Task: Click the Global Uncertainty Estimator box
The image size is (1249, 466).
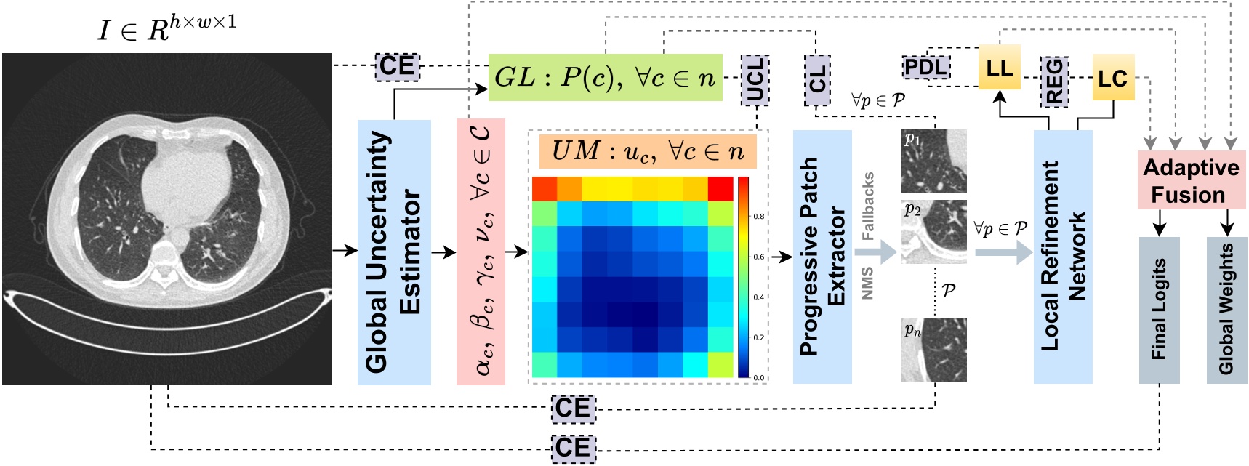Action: pos(393,252)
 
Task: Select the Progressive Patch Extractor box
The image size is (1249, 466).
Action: pos(822,256)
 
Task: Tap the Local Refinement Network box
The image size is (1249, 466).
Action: pos(1062,256)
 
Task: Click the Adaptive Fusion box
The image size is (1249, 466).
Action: pos(1190,180)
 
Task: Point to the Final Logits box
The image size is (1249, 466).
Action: pos(1159,310)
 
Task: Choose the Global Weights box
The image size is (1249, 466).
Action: pos(1226,310)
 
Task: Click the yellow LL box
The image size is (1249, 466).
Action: pos(999,68)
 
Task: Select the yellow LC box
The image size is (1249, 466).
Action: pos(1112,79)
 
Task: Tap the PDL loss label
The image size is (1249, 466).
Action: pos(925,68)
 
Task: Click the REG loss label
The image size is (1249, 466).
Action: pos(1053,81)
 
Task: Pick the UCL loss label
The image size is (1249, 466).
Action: pos(755,79)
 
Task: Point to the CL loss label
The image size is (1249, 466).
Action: pos(818,79)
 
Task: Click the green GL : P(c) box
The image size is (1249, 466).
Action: pos(605,77)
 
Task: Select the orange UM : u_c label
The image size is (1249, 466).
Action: pos(647,151)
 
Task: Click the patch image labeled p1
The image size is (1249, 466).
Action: pos(933,161)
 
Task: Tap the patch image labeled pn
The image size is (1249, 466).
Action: pos(933,350)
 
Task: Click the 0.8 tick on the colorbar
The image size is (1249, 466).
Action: pos(758,217)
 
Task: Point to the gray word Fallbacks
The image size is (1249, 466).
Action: pos(868,206)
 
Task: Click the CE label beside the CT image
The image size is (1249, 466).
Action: pos(397,66)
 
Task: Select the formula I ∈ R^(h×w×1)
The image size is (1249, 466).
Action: pos(167,29)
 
